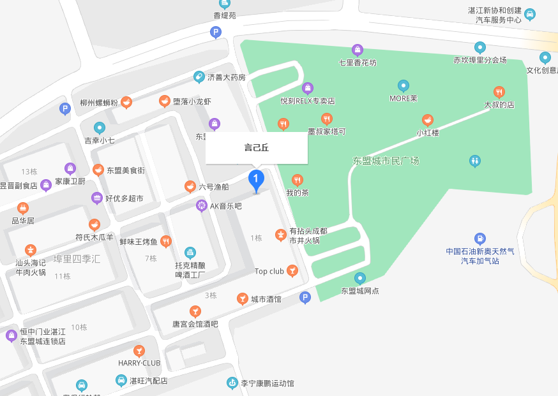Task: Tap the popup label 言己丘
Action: click(257, 148)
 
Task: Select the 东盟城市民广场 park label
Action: click(386, 161)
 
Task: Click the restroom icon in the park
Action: click(474, 160)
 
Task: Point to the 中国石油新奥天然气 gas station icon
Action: click(480, 238)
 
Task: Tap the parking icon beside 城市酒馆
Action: click(305, 297)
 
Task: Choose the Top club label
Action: click(269, 272)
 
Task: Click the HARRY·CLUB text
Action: click(139, 363)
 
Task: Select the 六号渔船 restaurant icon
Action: click(190, 187)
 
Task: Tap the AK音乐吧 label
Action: click(226, 206)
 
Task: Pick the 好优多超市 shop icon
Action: click(96, 198)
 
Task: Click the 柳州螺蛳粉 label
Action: click(99, 103)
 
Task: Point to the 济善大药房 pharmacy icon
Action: click(199, 77)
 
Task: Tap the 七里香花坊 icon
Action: click(358, 50)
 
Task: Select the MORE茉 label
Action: click(403, 98)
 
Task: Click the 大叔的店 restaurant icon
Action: click(499, 92)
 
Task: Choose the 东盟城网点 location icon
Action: click(360, 278)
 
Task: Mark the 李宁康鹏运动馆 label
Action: click(268, 383)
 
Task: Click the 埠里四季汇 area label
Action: click(77, 259)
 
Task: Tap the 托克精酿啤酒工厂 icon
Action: click(190, 253)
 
